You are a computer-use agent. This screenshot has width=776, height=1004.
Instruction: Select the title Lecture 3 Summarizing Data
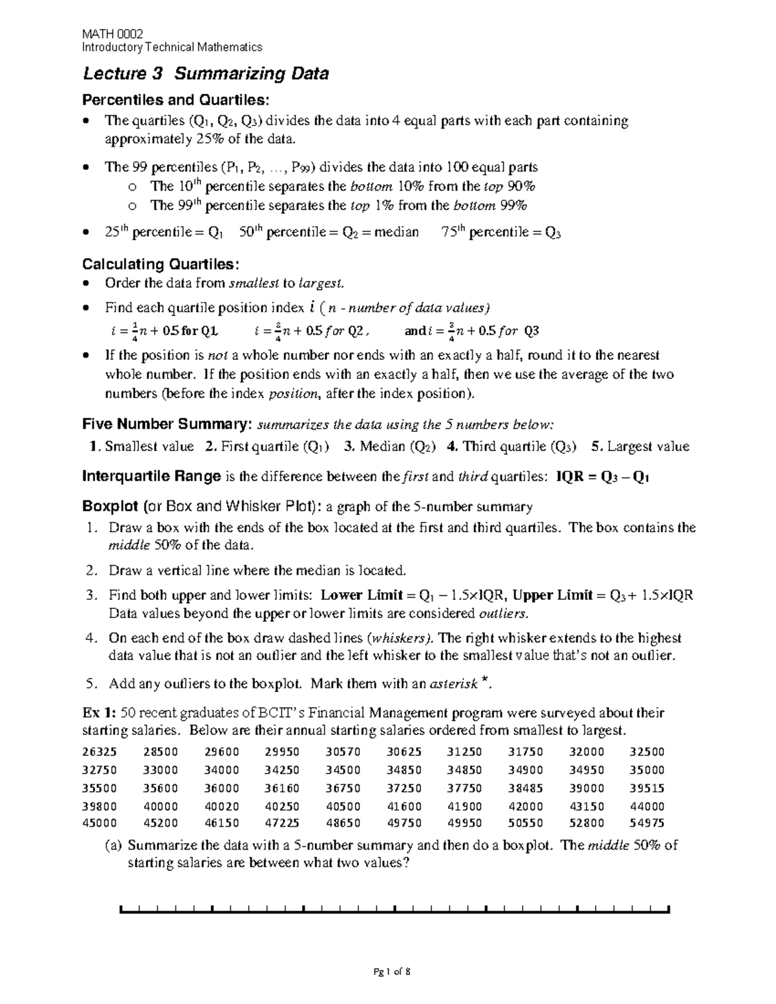tap(206, 74)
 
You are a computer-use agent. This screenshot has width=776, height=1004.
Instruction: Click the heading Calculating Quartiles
tap(160, 264)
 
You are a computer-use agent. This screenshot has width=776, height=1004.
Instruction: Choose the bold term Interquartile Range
tap(151, 477)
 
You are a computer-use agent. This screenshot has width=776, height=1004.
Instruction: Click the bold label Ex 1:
tap(99, 713)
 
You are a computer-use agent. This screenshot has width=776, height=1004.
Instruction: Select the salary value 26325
tap(100, 752)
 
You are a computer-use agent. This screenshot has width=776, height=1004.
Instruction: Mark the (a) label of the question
tap(113, 846)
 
